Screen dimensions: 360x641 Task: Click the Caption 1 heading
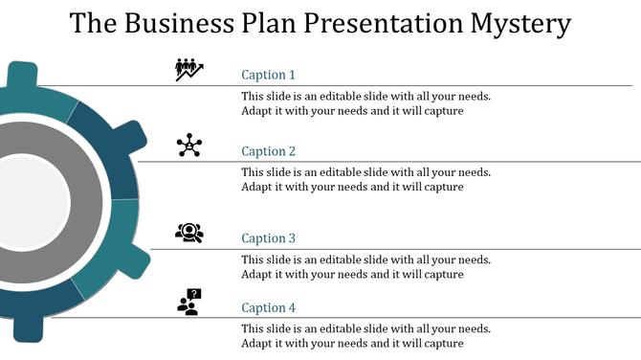tap(268, 75)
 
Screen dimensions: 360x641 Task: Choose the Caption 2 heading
tap(268, 151)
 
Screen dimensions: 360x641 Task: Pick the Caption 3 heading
tap(268, 238)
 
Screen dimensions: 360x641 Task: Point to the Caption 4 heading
tap(268, 307)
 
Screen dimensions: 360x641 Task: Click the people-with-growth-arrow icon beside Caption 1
tap(189, 69)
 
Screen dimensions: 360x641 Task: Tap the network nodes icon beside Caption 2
tap(189, 146)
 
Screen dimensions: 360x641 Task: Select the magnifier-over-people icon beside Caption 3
tap(189, 232)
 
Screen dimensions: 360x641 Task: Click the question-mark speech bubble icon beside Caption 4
tap(189, 302)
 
